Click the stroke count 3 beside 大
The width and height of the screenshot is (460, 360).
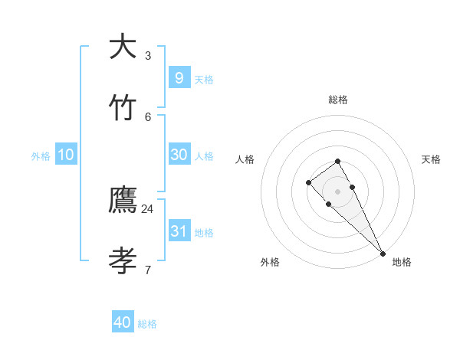(148, 55)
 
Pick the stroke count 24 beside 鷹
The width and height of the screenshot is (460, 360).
(147, 208)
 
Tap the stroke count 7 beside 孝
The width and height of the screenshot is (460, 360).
(147, 270)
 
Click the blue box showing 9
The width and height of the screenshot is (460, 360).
(179, 77)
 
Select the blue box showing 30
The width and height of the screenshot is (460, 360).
(179, 154)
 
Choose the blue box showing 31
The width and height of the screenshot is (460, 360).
(179, 231)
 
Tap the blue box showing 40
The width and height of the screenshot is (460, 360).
(123, 322)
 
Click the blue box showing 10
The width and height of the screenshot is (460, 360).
(66, 155)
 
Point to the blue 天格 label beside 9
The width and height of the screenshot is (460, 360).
(204, 80)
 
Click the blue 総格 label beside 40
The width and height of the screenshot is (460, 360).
(147, 324)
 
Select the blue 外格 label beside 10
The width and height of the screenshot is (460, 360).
(41, 156)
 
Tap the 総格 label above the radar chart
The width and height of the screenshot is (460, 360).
(338, 100)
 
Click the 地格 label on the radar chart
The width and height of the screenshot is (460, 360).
(402, 262)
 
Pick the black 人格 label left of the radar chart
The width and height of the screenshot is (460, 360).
(245, 159)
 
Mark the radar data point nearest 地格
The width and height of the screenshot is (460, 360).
(383, 254)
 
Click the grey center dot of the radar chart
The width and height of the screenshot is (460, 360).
(338, 191)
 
